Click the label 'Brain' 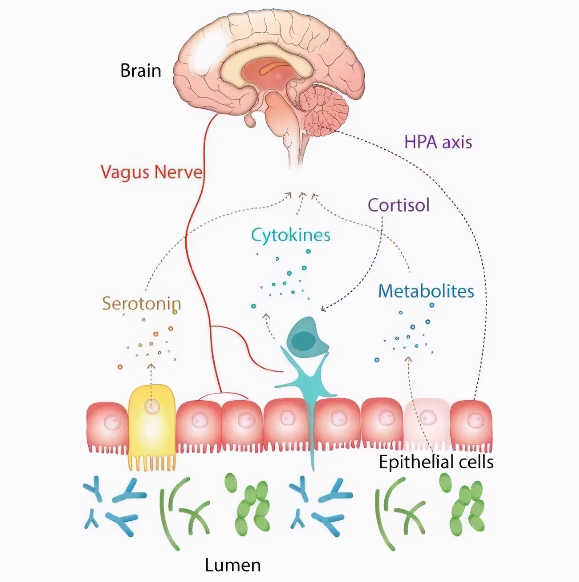click(x=141, y=71)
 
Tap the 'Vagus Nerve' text click(x=151, y=172)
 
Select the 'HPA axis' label click(x=438, y=142)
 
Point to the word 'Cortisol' click(x=399, y=205)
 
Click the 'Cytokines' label click(x=291, y=235)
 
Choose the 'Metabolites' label click(x=426, y=291)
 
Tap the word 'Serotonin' click(x=141, y=304)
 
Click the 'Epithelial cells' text click(x=436, y=462)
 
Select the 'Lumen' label click(x=233, y=565)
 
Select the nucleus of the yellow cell click(x=153, y=405)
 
